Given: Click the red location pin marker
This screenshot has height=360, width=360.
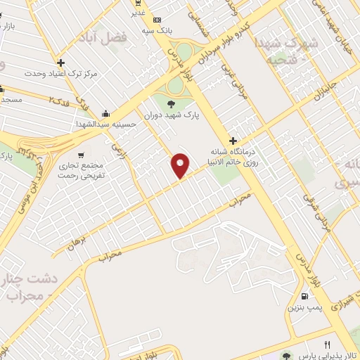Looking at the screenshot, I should click(x=181, y=165).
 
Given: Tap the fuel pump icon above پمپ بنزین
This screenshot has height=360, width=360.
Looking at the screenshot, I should click(x=304, y=296).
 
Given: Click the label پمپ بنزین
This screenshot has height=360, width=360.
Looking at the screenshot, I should click(x=304, y=308).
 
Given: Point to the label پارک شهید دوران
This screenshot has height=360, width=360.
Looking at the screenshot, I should click(x=172, y=115).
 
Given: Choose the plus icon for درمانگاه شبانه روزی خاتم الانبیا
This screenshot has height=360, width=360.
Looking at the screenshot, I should click(x=233, y=141).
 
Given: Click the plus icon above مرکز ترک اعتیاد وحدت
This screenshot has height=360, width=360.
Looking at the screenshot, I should click(x=61, y=63).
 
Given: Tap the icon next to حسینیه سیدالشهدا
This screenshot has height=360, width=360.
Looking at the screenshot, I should click(x=105, y=114).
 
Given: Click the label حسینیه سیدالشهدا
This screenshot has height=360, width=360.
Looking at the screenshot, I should click(x=105, y=124).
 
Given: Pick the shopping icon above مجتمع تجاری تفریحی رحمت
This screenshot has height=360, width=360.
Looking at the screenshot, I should click(x=82, y=155).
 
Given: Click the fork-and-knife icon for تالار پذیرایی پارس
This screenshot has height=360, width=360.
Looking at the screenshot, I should click(x=327, y=345).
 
